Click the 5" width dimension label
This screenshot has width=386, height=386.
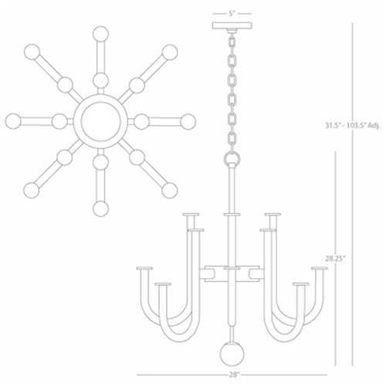coord(232,13)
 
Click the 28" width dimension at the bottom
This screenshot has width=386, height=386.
coord(233,374)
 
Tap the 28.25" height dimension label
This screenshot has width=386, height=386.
coord(334,259)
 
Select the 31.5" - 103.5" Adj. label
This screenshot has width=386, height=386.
coord(352,126)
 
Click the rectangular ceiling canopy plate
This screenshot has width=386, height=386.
coord(232,25)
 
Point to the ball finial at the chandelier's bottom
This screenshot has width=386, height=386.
coord(232,354)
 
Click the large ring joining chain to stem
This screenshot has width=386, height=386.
coord(232,159)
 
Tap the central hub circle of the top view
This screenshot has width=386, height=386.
coord(100,121)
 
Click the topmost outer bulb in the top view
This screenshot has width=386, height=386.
coord(100,34)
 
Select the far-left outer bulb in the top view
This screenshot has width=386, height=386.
coord(13,121)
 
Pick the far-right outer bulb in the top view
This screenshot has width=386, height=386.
coord(188,122)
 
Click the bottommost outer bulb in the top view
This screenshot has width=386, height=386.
coord(100,208)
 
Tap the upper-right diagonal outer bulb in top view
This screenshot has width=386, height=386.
coord(170,52)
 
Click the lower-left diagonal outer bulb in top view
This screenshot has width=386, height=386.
coord(32,190)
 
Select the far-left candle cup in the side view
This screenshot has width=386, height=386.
coord(144,268)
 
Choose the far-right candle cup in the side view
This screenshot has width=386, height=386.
coord(320,268)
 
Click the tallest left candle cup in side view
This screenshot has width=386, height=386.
coord(191,215)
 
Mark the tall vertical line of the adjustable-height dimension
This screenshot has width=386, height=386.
coord(352,195)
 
